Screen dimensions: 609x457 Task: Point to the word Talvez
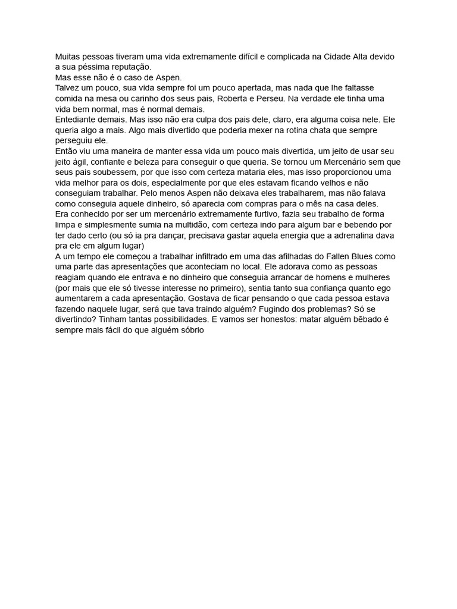tap(68, 88)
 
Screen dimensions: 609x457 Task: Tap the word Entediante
tap(79, 120)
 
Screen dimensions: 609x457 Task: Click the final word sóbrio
tap(189, 329)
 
